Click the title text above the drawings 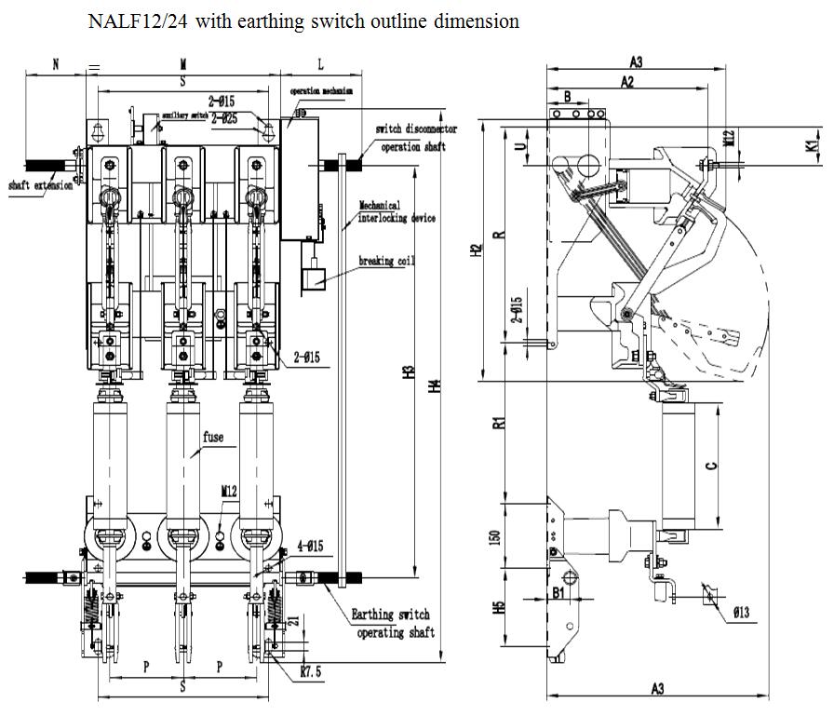[x=303, y=21]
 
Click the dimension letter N [x=55, y=64]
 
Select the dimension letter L [x=320, y=64]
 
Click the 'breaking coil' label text [x=386, y=262]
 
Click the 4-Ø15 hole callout [x=309, y=547]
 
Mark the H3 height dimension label [x=408, y=372]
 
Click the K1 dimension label [x=812, y=145]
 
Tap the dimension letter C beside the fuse [x=712, y=466]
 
